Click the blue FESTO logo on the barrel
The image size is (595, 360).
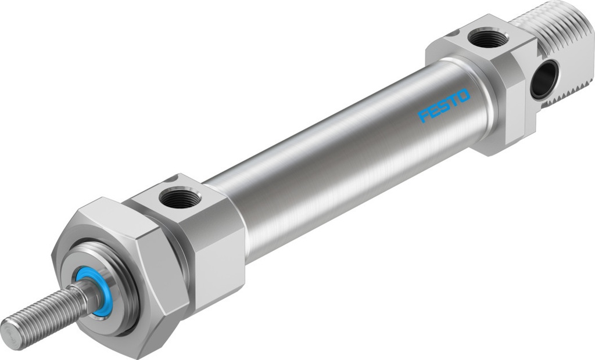coord(445,105)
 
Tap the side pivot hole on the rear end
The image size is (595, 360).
coord(544,79)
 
